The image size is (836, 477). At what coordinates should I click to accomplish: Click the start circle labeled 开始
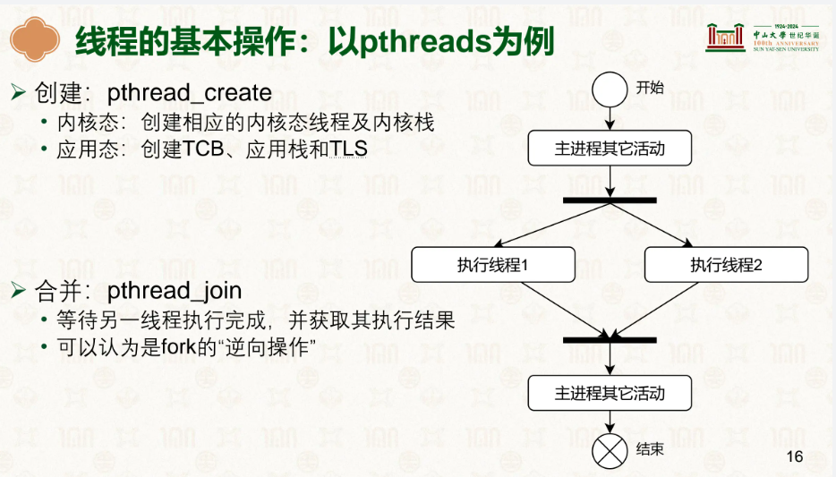[x=610, y=89]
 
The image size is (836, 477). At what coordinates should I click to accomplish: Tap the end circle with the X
[x=610, y=451]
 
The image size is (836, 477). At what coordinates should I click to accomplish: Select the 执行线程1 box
[x=493, y=264]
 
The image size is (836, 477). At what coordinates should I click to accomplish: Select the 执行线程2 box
[x=726, y=264]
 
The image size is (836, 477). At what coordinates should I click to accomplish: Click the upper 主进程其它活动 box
[x=610, y=149]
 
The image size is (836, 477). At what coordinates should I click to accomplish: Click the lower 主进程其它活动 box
[x=610, y=393]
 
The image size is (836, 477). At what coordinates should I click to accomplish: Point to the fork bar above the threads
[x=610, y=200]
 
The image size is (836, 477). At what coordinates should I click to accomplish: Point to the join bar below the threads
[x=610, y=340]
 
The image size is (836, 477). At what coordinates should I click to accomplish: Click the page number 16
[x=795, y=456]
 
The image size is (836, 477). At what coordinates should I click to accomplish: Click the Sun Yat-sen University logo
[x=763, y=38]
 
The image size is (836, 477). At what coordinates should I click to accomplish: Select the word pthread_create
[x=189, y=93]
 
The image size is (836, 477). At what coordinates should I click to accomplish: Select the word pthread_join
[x=175, y=291]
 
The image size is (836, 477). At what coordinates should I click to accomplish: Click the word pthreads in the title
[x=425, y=41]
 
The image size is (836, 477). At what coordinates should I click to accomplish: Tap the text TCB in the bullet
[x=202, y=149]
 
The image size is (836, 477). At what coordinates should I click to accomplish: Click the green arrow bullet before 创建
[x=18, y=93]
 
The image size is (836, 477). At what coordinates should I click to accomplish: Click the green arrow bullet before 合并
[x=18, y=291]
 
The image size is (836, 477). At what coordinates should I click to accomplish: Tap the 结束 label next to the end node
[x=650, y=448]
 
